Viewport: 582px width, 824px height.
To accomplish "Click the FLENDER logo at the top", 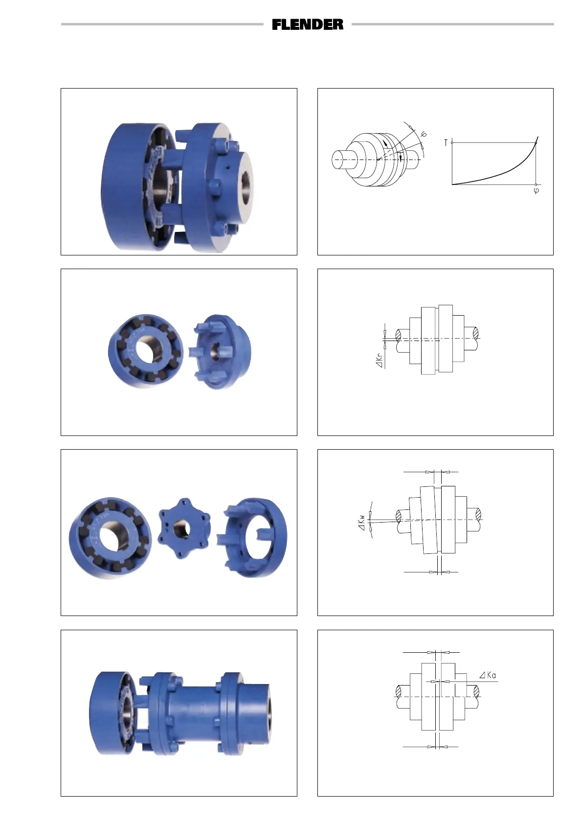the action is [x=308, y=24].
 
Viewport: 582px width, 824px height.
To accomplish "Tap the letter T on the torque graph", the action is [x=446, y=143].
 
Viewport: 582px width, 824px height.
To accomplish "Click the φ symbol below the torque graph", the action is [x=536, y=190].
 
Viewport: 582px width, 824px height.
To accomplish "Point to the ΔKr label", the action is [x=380, y=360].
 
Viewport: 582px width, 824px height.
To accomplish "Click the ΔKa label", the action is [x=488, y=675].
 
